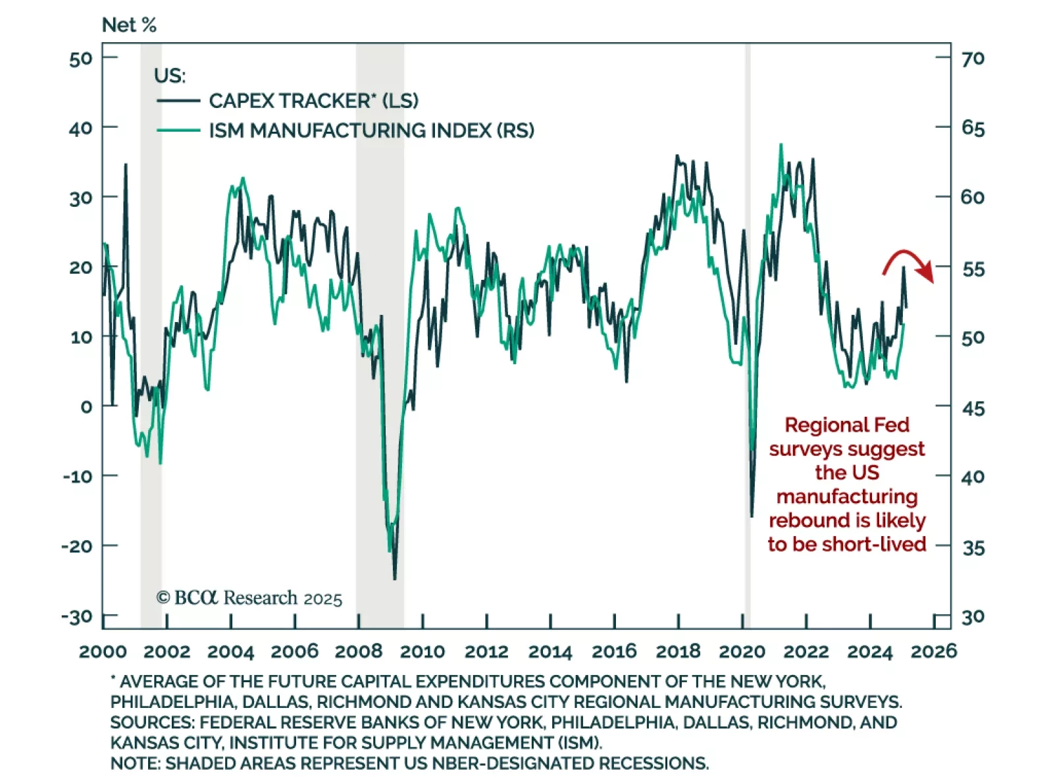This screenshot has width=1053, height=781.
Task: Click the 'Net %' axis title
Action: click(x=129, y=25)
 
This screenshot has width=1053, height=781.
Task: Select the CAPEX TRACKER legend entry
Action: click(x=313, y=101)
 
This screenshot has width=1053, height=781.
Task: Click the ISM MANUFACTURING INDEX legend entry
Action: click(x=371, y=130)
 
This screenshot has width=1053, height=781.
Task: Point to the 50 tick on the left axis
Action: click(x=80, y=59)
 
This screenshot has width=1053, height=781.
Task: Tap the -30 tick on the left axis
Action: click(x=77, y=617)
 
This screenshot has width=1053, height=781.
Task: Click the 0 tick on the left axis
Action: click(x=86, y=406)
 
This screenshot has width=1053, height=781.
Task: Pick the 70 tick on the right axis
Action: click(x=973, y=59)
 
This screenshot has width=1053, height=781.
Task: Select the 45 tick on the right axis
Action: click(x=973, y=408)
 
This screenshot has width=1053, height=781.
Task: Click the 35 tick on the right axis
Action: click(x=973, y=547)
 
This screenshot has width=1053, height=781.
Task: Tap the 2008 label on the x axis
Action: click(x=358, y=651)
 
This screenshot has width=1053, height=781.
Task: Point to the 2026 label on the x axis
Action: click(x=933, y=651)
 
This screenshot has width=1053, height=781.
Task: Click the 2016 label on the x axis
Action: click(x=614, y=651)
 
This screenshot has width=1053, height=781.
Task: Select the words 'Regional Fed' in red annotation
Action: click(x=847, y=425)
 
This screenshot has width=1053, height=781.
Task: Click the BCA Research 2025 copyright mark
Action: click(x=249, y=598)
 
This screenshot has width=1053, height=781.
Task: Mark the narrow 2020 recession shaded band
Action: click(x=748, y=329)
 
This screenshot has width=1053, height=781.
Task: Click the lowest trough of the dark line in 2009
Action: click(x=395, y=579)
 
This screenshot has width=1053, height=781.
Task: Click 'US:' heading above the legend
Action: click(x=170, y=76)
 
